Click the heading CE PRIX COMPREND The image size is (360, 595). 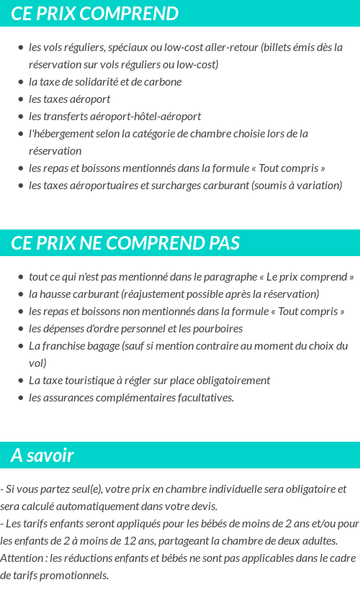(94, 14)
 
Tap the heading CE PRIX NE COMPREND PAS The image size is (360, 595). (125, 243)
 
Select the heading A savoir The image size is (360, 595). (42, 455)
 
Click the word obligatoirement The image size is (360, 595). (230, 381)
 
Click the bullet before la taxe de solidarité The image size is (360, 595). (21, 82)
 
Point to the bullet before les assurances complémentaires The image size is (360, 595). (21, 398)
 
